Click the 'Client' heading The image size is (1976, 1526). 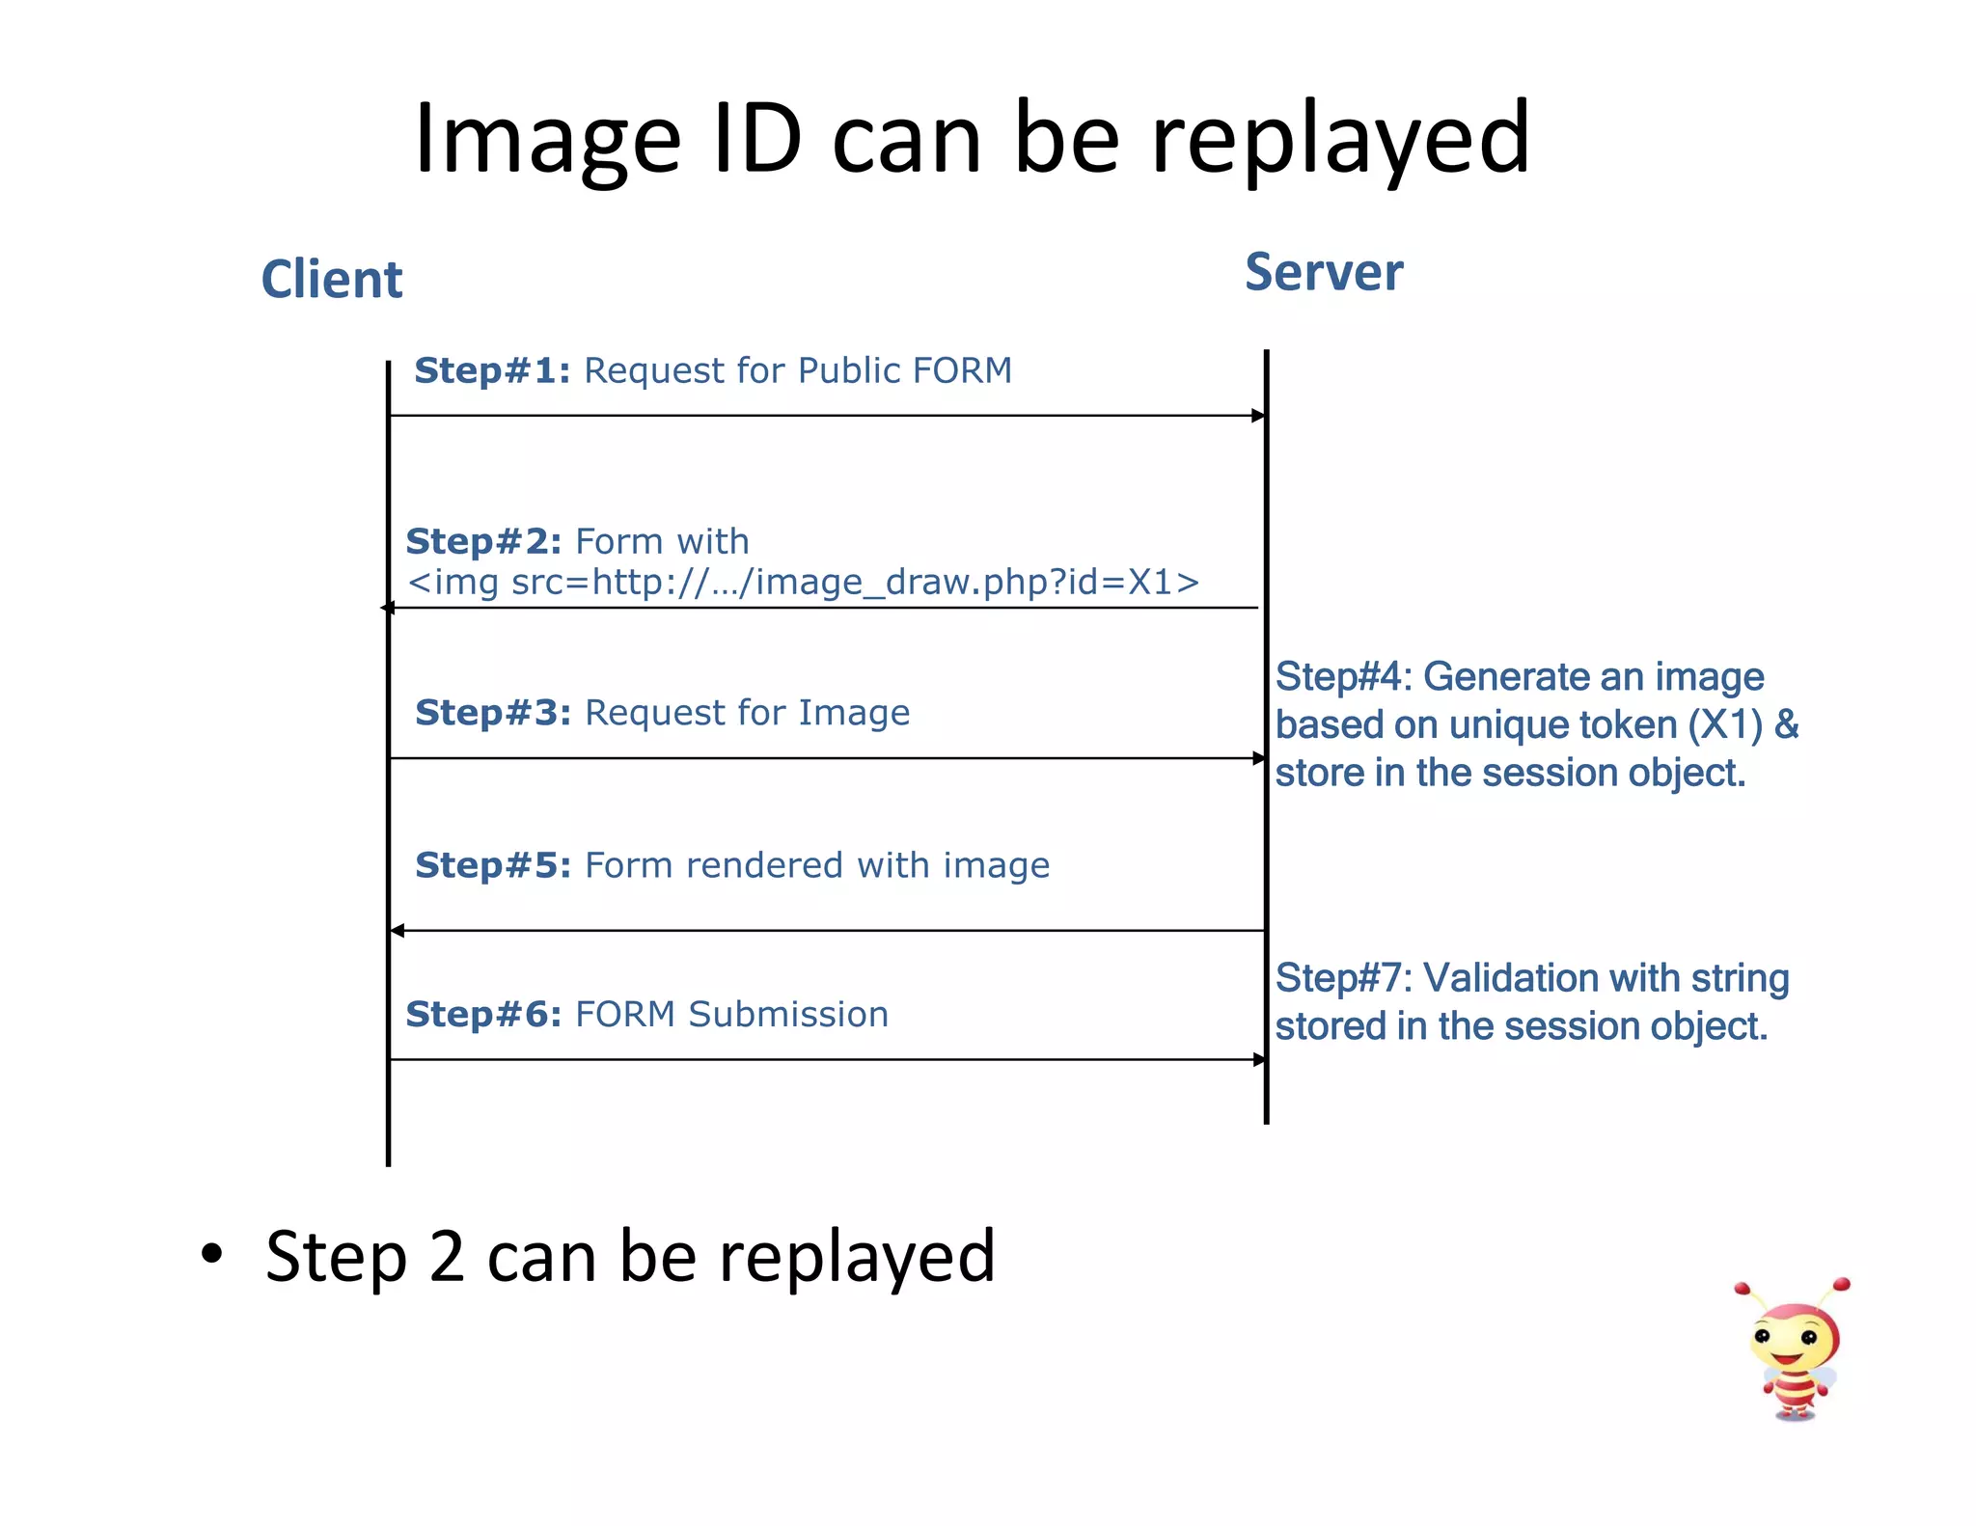tap(331, 280)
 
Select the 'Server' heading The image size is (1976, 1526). tap(1324, 272)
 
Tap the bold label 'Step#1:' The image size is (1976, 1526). tap(492, 370)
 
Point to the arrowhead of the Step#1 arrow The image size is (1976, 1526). tap(1258, 416)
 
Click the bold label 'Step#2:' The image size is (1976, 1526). tap(483, 541)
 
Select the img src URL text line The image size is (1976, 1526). tap(803, 583)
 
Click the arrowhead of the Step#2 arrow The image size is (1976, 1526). tap(388, 608)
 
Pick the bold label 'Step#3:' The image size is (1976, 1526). tap(493, 713)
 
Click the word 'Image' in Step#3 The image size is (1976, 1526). tap(854, 713)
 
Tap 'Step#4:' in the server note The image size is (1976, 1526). tap(1343, 677)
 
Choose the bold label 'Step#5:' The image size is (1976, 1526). tap(493, 865)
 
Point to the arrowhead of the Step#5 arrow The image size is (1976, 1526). tap(397, 931)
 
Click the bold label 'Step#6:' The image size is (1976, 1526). tap(483, 1015)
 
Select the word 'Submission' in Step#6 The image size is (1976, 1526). tap(788, 1015)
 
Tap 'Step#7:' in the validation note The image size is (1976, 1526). tap(1343, 978)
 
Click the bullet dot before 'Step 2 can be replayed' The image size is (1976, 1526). tap(211, 1253)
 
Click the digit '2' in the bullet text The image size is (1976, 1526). tap(447, 1256)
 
